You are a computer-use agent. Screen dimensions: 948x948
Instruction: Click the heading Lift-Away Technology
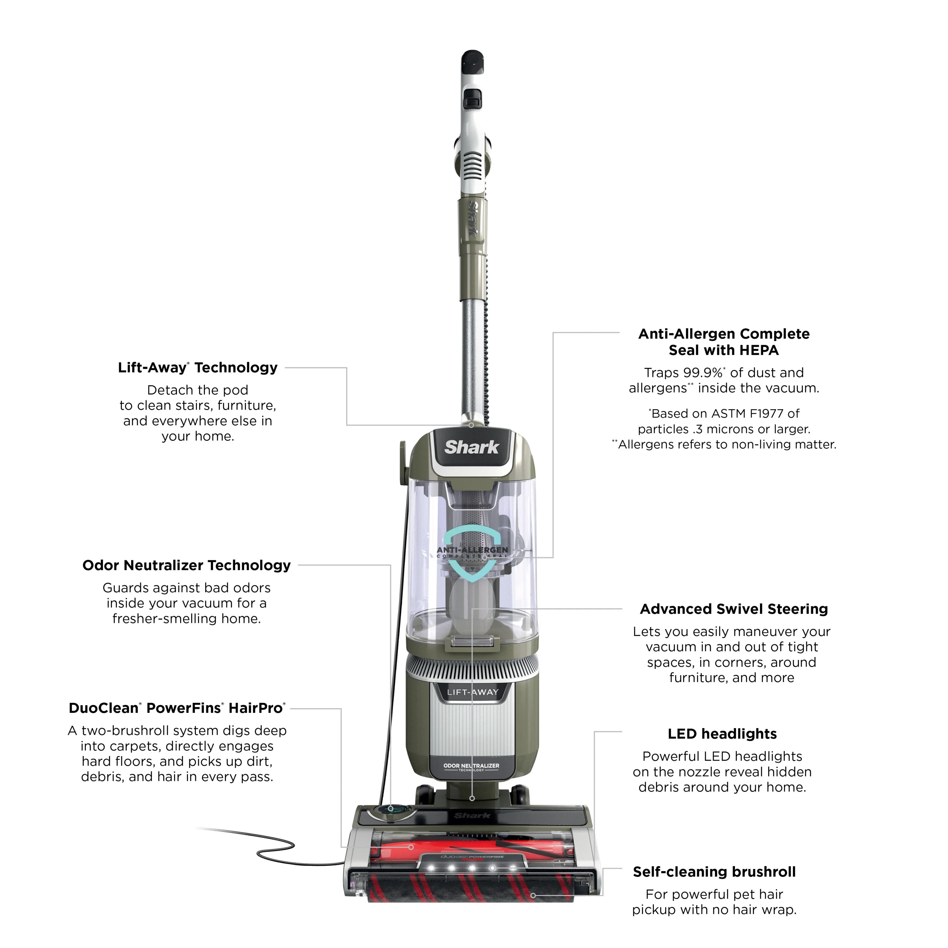tap(198, 368)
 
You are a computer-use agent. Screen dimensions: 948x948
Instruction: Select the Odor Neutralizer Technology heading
tap(186, 565)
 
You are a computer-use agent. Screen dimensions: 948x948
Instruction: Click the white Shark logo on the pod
tap(471, 447)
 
